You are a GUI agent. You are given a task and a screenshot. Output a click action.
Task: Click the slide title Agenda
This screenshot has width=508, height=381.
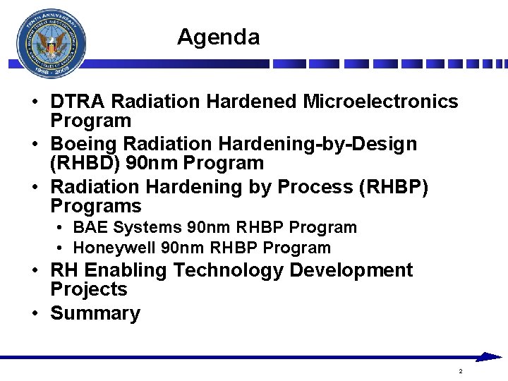(218, 37)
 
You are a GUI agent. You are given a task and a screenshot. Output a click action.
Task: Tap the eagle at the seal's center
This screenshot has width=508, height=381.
(51, 46)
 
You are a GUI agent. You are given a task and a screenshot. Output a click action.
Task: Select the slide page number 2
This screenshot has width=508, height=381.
(460, 371)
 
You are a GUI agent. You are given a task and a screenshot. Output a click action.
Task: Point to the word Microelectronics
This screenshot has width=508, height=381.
(380, 102)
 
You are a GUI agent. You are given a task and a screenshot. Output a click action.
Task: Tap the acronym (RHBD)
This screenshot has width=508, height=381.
(85, 164)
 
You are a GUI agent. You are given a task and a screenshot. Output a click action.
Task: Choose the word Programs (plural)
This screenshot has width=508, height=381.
(96, 207)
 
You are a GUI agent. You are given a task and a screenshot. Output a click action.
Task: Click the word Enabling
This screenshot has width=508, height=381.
(124, 270)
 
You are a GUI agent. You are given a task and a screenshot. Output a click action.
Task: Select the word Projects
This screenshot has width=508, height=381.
(89, 289)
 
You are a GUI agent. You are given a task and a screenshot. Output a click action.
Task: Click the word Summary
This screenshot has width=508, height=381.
(95, 313)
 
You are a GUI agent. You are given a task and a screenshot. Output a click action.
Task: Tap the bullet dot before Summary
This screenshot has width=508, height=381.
(34, 313)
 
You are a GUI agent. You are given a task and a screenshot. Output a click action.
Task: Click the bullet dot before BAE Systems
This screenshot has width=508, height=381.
(62, 228)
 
